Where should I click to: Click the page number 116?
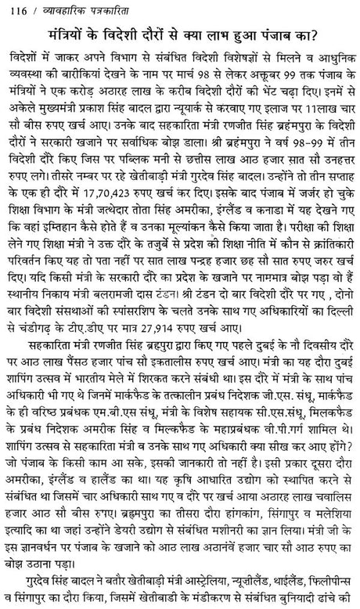(x=13, y=9)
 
